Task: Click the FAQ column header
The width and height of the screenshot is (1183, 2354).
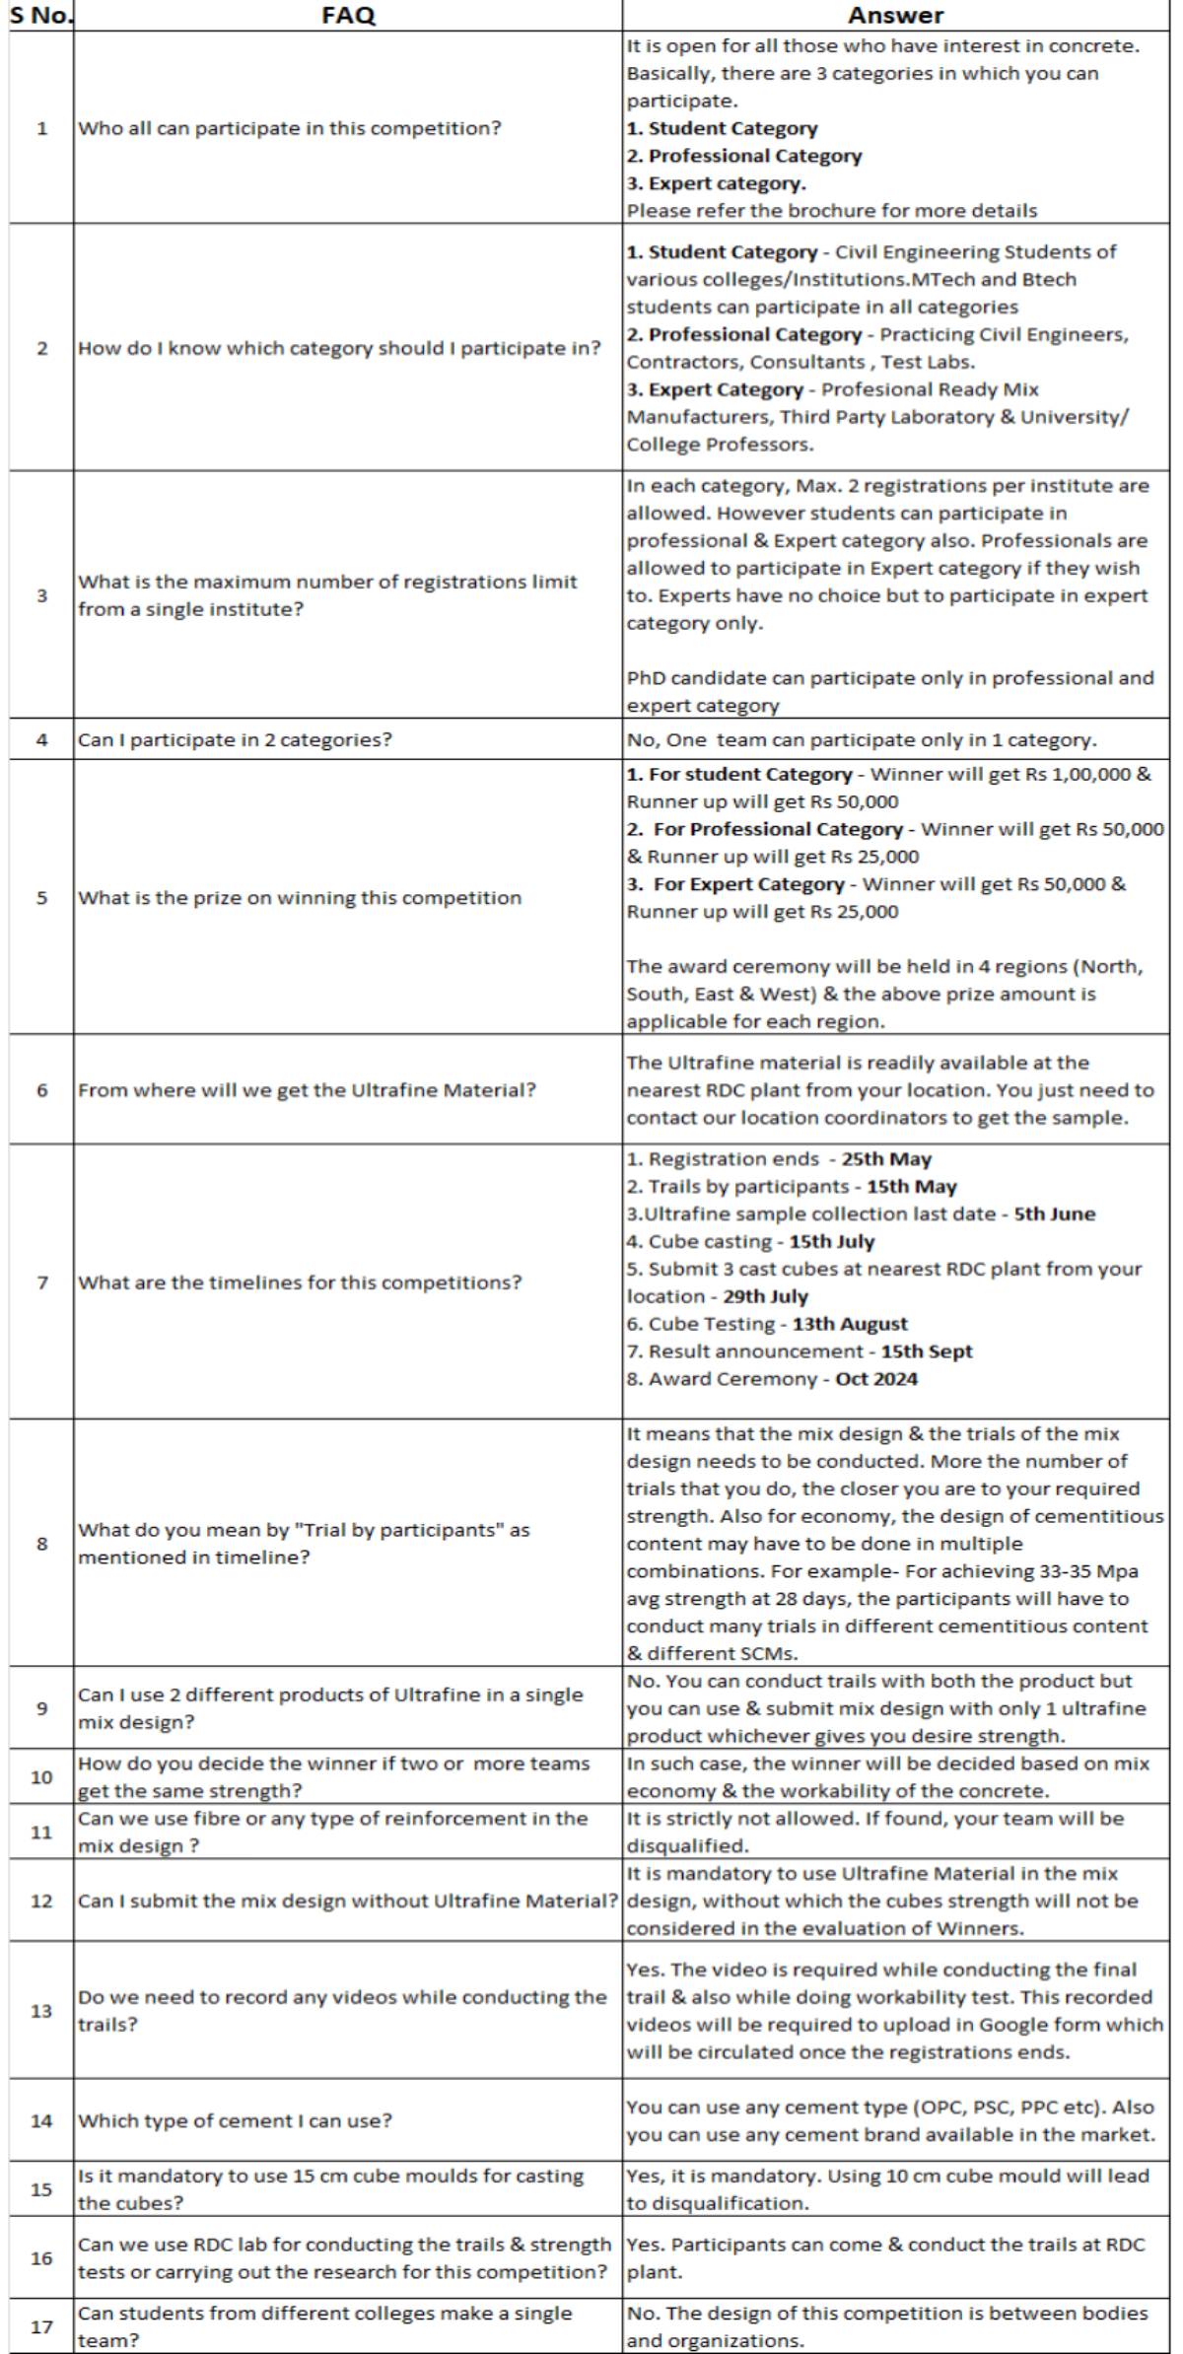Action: point(348,15)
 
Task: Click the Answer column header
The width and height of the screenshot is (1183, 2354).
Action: point(895,15)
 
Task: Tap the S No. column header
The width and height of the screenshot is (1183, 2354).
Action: point(41,15)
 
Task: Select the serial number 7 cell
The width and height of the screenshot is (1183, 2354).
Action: point(41,1282)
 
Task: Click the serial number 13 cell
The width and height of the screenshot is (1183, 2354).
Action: point(41,2011)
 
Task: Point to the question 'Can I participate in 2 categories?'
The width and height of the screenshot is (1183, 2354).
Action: point(235,739)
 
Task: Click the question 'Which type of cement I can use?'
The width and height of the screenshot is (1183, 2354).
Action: point(235,2120)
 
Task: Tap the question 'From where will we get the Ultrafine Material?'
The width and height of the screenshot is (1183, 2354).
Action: point(307,1090)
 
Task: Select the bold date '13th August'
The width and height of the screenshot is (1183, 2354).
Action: point(850,1324)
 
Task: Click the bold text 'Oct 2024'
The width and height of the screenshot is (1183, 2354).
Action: point(876,1379)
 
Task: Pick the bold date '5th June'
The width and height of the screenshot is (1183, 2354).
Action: point(1055,1213)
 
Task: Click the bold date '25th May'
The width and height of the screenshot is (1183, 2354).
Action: point(886,1159)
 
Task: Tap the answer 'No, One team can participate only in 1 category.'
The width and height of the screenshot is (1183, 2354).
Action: point(862,739)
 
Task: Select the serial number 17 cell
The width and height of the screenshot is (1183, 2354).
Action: point(41,2326)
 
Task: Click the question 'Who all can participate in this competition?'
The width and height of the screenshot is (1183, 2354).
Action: point(289,128)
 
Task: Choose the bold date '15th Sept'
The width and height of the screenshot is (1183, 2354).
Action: point(927,1351)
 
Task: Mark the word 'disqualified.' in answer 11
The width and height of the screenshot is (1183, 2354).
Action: point(688,1845)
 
